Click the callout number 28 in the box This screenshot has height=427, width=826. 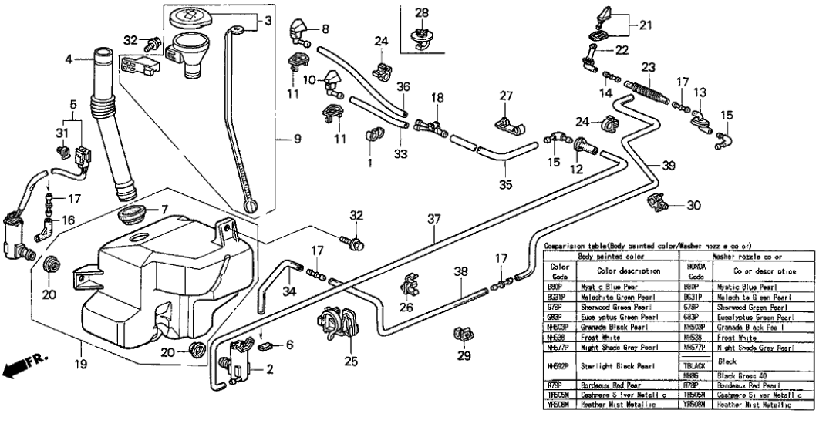(x=421, y=13)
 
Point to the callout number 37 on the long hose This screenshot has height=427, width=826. (x=434, y=219)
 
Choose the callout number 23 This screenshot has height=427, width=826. (x=648, y=67)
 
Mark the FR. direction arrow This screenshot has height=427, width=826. (x=24, y=365)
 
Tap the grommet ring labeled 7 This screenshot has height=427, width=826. (x=133, y=213)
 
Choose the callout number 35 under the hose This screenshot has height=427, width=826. (x=505, y=186)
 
